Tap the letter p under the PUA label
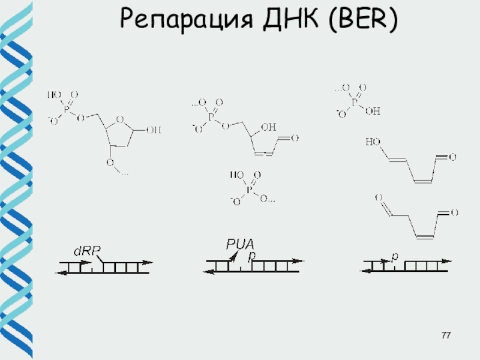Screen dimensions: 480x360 tap(252, 256)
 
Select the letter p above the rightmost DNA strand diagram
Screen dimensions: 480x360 tap(394, 256)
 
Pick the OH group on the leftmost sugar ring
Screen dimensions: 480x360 tap(154, 128)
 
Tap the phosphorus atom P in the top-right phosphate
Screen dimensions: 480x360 tap(355, 102)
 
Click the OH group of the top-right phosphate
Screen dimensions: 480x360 tap(372, 111)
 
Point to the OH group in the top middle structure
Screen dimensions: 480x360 tap(269, 127)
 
